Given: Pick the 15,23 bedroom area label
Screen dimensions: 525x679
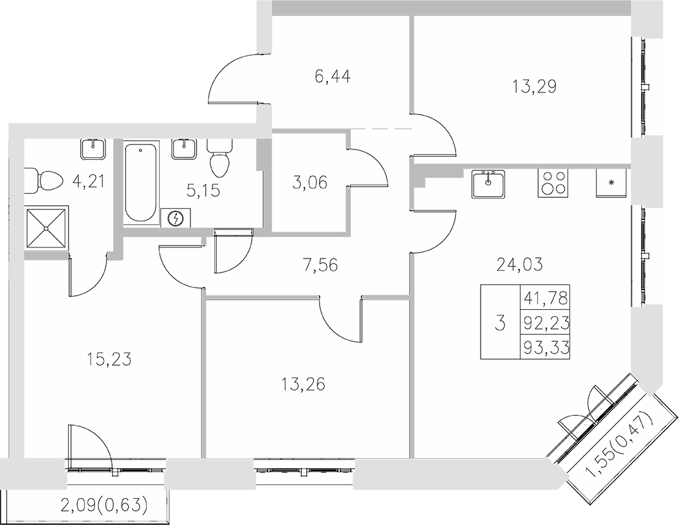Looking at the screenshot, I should (110, 358).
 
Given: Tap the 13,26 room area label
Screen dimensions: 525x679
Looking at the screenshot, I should (304, 384).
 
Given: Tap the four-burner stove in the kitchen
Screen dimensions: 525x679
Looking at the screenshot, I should (553, 182).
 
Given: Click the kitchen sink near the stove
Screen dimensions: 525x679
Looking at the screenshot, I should (488, 183).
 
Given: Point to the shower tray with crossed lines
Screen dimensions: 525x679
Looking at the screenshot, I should (47, 227).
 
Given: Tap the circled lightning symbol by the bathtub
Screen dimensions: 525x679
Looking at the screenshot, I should (176, 217).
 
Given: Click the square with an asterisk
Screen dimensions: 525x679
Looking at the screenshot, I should (611, 183).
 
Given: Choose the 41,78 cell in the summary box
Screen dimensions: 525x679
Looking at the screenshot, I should (544, 299).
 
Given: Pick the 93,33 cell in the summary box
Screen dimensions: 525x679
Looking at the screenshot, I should (544, 349).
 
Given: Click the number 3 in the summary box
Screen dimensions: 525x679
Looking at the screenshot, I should (500, 323).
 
